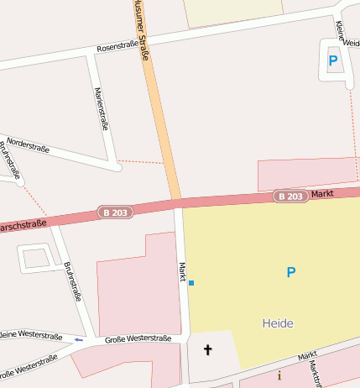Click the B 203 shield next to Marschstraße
(x=115, y=212)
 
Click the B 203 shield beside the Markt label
(x=290, y=197)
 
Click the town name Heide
(x=278, y=322)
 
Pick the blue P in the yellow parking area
(x=291, y=272)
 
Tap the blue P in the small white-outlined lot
(x=333, y=60)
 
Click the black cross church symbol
(x=207, y=349)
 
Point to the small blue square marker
(x=191, y=283)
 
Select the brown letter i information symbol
(x=279, y=376)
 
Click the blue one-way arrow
(x=79, y=340)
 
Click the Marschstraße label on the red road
(x=22, y=227)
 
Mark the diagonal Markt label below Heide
(x=307, y=358)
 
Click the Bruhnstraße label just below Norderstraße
(x=9, y=160)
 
